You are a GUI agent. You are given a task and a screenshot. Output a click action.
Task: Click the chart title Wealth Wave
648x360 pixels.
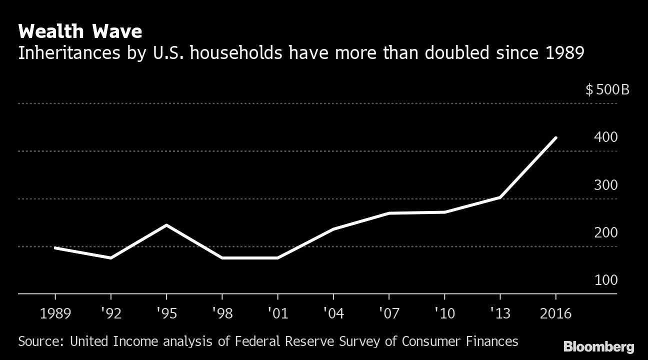coord(80,32)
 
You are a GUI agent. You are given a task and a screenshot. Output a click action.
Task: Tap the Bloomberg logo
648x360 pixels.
coord(598,347)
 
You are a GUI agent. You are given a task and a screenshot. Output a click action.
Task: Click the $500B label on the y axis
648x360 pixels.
coord(607,90)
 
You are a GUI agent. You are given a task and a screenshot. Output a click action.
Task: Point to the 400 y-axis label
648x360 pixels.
coord(606,137)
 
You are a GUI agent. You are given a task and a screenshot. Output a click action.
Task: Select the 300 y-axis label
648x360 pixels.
coord(606,185)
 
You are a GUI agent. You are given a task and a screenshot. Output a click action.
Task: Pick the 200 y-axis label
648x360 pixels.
coord(606,232)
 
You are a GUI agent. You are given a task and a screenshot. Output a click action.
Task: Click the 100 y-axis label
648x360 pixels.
coord(606,280)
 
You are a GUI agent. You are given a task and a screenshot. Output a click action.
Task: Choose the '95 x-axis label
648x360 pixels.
coord(166,313)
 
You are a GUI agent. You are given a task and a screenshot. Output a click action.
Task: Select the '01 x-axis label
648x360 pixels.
coord(277,313)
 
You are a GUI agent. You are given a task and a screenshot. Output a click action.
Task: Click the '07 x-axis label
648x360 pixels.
coord(388,313)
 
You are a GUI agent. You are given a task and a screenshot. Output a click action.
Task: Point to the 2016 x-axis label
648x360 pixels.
coord(555,313)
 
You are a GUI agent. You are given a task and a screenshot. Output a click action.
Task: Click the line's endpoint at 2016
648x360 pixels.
coord(555,138)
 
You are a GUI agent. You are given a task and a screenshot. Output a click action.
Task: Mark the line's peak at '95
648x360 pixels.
coord(166,225)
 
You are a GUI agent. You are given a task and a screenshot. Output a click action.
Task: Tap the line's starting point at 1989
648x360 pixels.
coord(54,247)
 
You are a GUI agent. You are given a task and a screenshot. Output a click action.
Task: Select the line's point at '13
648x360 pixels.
coord(500,197)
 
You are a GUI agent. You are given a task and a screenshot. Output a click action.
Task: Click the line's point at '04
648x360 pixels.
coord(333,229)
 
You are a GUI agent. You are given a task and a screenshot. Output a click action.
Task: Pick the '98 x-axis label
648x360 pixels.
coord(221,313)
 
